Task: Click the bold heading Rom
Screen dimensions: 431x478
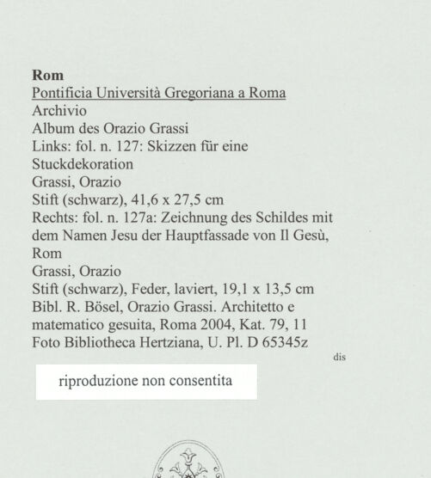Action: tap(47, 75)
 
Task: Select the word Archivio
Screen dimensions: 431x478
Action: tap(59, 111)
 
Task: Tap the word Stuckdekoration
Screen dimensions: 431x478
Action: tap(83, 164)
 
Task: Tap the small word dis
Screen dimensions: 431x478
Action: tap(338, 355)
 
